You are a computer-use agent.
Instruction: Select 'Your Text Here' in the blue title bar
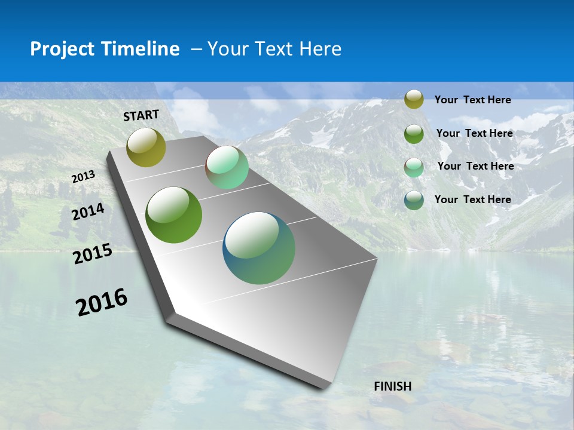click(x=274, y=49)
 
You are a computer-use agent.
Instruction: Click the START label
click(x=141, y=115)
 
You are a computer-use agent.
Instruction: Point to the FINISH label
click(x=393, y=386)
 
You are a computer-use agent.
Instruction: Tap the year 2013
click(x=84, y=177)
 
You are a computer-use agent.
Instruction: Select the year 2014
click(x=88, y=212)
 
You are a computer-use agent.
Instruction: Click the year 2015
click(x=93, y=254)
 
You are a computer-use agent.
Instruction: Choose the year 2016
click(x=102, y=302)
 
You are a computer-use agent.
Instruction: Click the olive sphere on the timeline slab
click(x=146, y=148)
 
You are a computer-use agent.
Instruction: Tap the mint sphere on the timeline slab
click(x=227, y=167)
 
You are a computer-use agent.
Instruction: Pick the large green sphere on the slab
click(x=173, y=215)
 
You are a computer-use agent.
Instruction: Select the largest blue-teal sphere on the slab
click(x=259, y=248)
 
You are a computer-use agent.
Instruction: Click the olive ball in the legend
click(x=414, y=100)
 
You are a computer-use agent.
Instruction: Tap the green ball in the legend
click(x=414, y=133)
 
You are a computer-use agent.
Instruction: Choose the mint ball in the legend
click(x=414, y=167)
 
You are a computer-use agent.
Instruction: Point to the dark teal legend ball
click(x=414, y=199)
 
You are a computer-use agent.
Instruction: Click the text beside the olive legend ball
click(x=472, y=100)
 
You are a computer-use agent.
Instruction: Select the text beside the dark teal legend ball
click(x=472, y=199)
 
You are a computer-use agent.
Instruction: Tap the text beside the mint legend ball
click(x=475, y=166)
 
